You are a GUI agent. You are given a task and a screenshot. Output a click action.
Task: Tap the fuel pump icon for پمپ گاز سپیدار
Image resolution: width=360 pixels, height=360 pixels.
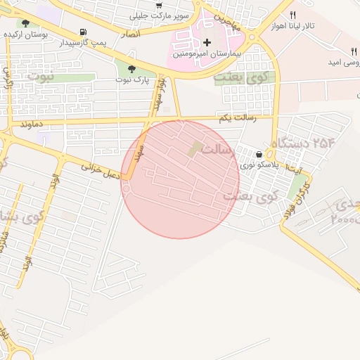pos(84,32)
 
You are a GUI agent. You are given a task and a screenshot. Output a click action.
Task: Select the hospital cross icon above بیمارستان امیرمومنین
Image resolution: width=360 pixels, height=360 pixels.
pos(207,42)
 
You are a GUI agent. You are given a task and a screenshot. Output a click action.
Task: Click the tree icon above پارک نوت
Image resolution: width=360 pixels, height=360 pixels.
pos(131,69)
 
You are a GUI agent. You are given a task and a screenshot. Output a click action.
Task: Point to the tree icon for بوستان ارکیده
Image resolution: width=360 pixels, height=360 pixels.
pos(25,23)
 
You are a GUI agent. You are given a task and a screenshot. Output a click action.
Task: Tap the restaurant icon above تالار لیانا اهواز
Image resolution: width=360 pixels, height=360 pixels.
pos(292,15)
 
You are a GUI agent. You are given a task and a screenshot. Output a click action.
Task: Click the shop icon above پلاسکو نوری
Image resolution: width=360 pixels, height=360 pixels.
pos(260,154)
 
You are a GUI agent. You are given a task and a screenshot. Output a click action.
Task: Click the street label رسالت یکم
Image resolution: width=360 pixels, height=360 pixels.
pos(238,118)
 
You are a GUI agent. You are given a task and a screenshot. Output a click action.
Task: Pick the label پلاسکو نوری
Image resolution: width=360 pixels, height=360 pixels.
pos(260,165)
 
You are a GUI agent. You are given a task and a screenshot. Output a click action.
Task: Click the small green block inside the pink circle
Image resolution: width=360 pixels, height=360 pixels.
pos(195,149)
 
